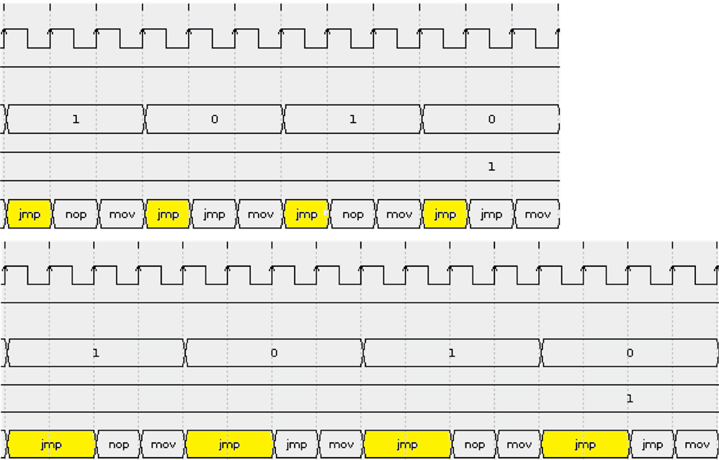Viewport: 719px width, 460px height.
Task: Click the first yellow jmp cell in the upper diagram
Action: (30, 214)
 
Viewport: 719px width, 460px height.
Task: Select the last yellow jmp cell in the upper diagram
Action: (445, 214)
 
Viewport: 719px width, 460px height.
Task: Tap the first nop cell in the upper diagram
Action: (76, 214)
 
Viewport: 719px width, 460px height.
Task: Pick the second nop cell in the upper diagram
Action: (352, 214)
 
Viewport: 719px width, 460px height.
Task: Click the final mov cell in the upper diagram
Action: (537, 214)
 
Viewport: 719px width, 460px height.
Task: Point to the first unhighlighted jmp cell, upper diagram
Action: (214, 214)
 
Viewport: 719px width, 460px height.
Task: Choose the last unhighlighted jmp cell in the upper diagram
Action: (491, 214)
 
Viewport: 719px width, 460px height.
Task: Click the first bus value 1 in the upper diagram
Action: (76, 120)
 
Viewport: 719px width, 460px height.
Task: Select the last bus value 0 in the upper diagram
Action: (491, 120)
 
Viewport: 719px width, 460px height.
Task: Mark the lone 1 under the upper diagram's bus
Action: (491, 167)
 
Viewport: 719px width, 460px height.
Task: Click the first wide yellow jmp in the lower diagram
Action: (51, 444)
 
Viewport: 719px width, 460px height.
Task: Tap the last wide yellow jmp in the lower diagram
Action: (585, 444)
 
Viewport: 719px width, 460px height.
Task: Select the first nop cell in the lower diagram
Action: (118, 444)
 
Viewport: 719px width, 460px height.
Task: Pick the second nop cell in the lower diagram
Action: (474, 444)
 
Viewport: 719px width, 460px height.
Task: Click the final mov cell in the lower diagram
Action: (697, 444)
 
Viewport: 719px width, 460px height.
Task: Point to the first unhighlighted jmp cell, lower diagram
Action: (296, 444)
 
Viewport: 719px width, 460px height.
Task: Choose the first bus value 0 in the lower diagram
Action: (274, 353)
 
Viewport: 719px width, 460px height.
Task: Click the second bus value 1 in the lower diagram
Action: (452, 353)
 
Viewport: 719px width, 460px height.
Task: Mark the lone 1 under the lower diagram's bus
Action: (630, 399)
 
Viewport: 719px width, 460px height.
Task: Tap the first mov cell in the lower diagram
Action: (163, 444)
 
